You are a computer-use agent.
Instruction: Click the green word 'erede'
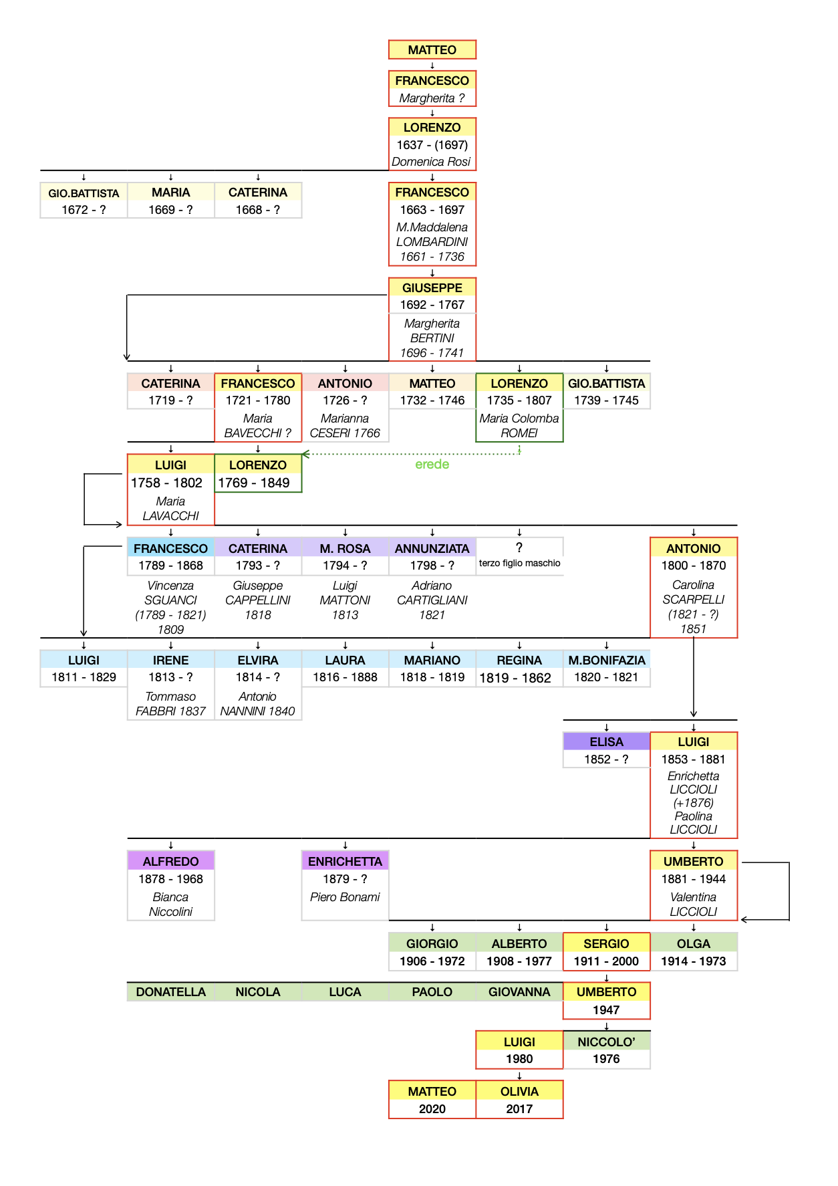coord(432,464)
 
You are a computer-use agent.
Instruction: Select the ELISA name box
coord(606,741)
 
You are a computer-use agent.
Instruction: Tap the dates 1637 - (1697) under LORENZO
coord(432,144)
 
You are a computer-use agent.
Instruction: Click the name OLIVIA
coord(519,1091)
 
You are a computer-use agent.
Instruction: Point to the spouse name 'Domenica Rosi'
coord(431,162)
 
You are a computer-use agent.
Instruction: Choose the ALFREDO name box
coord(170,861)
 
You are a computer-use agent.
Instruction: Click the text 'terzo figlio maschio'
coord(519,563)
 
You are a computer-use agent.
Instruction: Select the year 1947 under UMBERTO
coord(606,1010)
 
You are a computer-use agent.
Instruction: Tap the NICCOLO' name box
coord(606,1042)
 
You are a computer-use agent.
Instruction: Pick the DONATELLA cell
coord(170,992)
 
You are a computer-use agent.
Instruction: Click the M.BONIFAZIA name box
coord(606,660)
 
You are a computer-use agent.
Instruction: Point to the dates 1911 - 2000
coord(606,961)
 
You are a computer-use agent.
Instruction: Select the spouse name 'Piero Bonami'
coord(345,897)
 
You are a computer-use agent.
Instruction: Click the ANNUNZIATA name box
coord(432,548)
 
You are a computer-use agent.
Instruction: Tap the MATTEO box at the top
coord(432,49)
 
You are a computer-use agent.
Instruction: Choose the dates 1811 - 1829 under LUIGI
coord(84,677)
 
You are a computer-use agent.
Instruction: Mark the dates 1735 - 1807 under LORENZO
coord(519,400)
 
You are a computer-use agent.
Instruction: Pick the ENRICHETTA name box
coord(345,861)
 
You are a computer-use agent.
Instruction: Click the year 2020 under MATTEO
coord(432,1108)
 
